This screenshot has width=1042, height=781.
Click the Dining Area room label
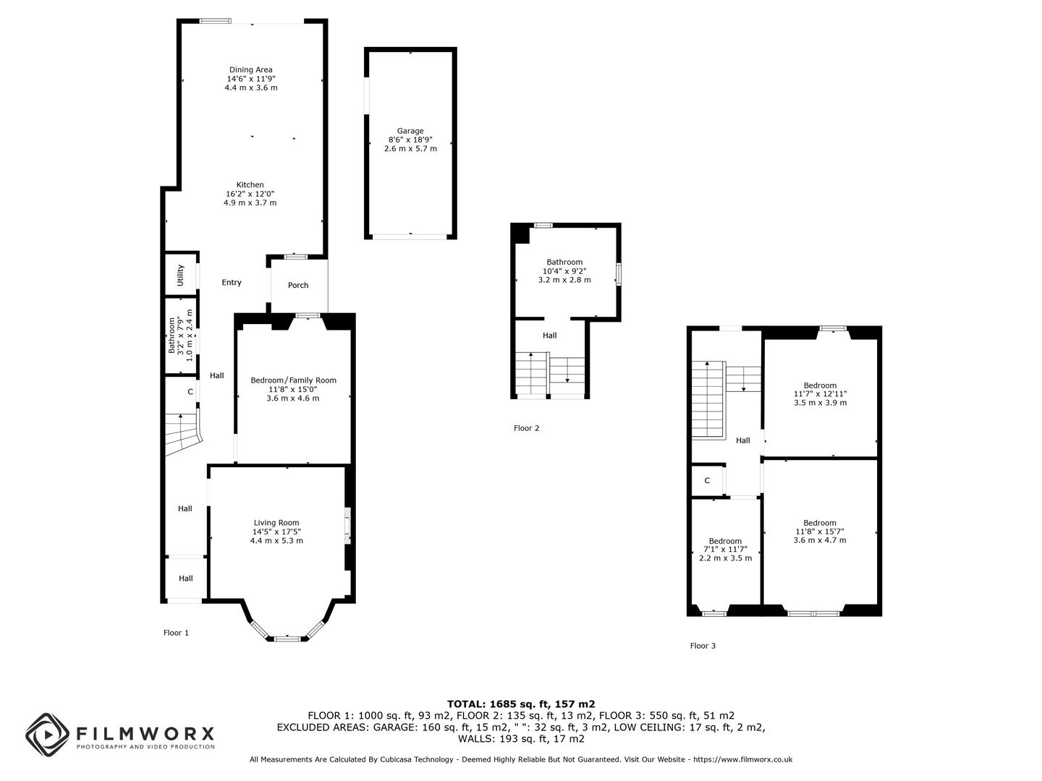click(x=250, y=69)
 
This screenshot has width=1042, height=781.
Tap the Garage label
click(x=410, y=131)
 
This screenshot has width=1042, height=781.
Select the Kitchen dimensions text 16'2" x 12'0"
click(x=250, y=194)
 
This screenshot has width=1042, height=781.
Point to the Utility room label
click(x=180, y=275)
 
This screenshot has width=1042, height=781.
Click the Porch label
click(x=298, y=285)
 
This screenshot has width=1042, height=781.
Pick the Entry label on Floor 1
click(x=232, y=283)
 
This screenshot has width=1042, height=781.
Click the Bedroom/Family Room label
click(x=293, y=380)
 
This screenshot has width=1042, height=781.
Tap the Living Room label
click(x=276, y=523)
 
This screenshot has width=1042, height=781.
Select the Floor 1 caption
click(x=176, y=633)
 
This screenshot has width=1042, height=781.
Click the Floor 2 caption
click(x=527, y=428)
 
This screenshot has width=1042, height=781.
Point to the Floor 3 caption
click(x=703, y=645)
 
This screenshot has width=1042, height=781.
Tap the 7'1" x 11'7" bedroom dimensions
click(x=725, y=550)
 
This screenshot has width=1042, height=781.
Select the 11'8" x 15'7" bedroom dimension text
click(x=820, y=532)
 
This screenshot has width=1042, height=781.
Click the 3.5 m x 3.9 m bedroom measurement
click(x=821, y=403)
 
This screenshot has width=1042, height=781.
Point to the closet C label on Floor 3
click(x=707, y=480)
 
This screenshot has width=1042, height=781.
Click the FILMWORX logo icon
click(x=48, y=735)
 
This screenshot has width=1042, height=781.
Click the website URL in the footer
click(x=742, y=759)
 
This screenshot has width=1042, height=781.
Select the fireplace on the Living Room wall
click(x=347, y=526)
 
